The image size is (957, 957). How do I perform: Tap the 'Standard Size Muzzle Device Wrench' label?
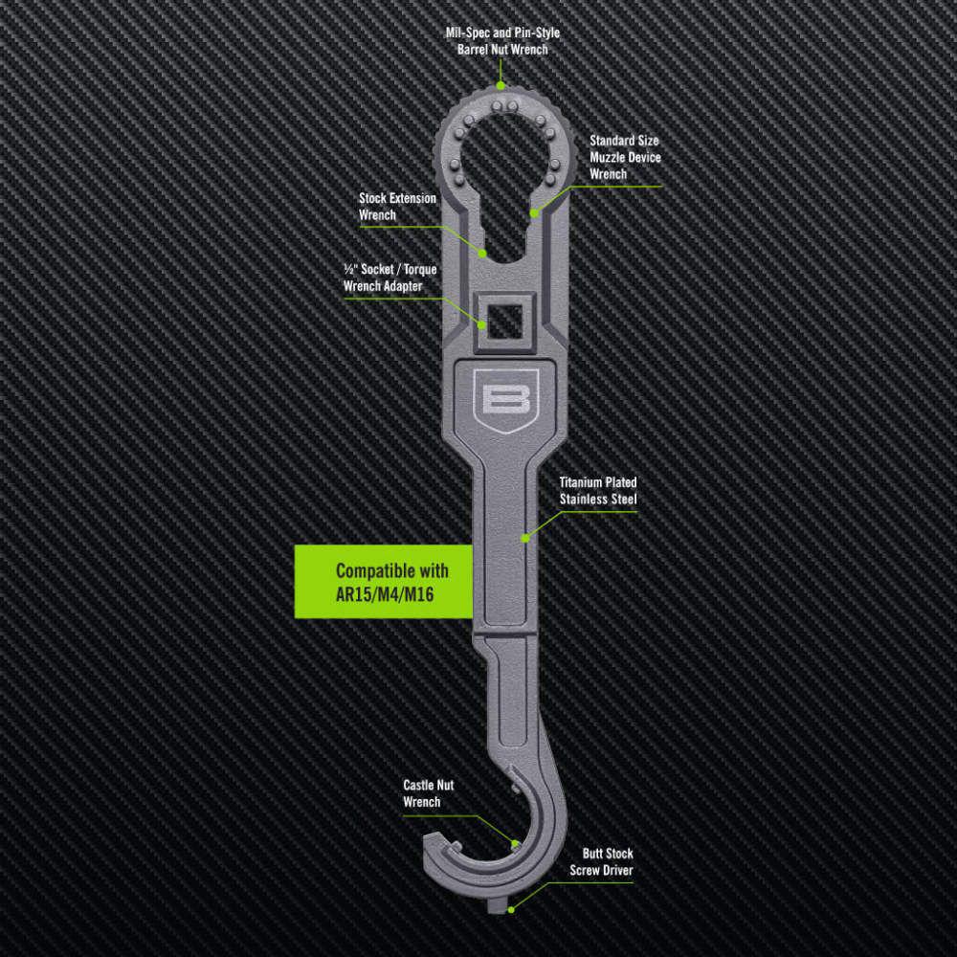624,157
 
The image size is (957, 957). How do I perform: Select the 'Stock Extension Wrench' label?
397,207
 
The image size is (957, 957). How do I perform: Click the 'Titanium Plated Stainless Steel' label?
598,491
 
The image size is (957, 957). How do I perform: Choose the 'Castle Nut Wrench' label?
428,792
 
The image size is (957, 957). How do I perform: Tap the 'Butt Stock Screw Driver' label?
601,861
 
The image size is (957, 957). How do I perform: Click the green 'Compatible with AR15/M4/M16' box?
384,581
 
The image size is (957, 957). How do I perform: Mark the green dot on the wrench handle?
524,538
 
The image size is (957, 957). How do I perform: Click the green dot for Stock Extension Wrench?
484,255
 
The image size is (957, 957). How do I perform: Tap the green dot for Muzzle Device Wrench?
535,212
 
